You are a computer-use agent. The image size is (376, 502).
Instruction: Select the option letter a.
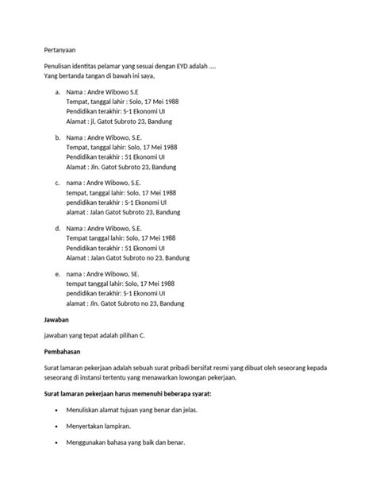tap(58, 92)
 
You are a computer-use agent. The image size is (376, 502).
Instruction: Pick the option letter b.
tap(58, 137)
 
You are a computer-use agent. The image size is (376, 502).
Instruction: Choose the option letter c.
tap(58, 183)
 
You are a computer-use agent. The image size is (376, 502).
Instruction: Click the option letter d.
tap(58, 228)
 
